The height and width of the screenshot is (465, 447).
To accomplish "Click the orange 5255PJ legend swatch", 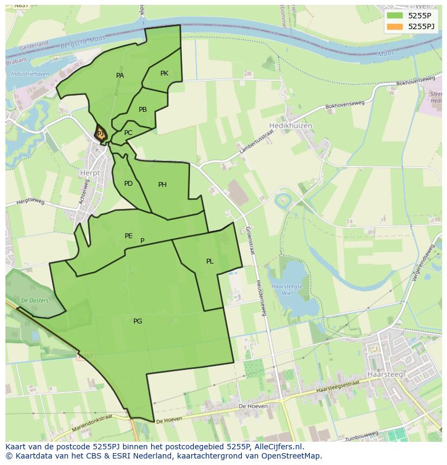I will [395, 26].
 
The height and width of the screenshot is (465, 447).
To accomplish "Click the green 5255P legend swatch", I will [395, 15].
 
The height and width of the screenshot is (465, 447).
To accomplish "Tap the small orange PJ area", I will [100, 133].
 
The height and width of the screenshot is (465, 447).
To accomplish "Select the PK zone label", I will [164, 73].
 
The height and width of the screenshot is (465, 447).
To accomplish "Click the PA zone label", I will [120, 76].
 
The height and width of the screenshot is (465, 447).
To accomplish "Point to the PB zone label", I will [143, 110].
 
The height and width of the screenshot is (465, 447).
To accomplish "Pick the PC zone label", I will [128, 133].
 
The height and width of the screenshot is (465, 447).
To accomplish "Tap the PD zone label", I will [128, 184].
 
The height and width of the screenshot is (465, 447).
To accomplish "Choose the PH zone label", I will [162, 185].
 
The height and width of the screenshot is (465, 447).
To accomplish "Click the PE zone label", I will [128, 236].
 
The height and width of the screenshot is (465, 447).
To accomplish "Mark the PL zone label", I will [209, 261].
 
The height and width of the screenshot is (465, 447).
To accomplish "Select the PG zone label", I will [138, 321].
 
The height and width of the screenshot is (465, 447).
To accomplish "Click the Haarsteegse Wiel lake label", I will [287, 289].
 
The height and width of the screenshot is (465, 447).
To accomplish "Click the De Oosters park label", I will [35, 300].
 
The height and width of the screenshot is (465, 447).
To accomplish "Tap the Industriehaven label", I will [30, 73].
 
